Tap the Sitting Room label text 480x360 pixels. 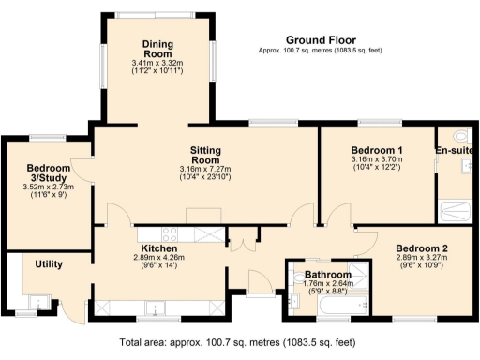(x=204, y=156)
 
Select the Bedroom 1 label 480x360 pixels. (x=376, y=151)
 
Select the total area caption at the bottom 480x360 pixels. (x=239, y=342)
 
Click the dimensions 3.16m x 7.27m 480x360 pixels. (x=204, y=170)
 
